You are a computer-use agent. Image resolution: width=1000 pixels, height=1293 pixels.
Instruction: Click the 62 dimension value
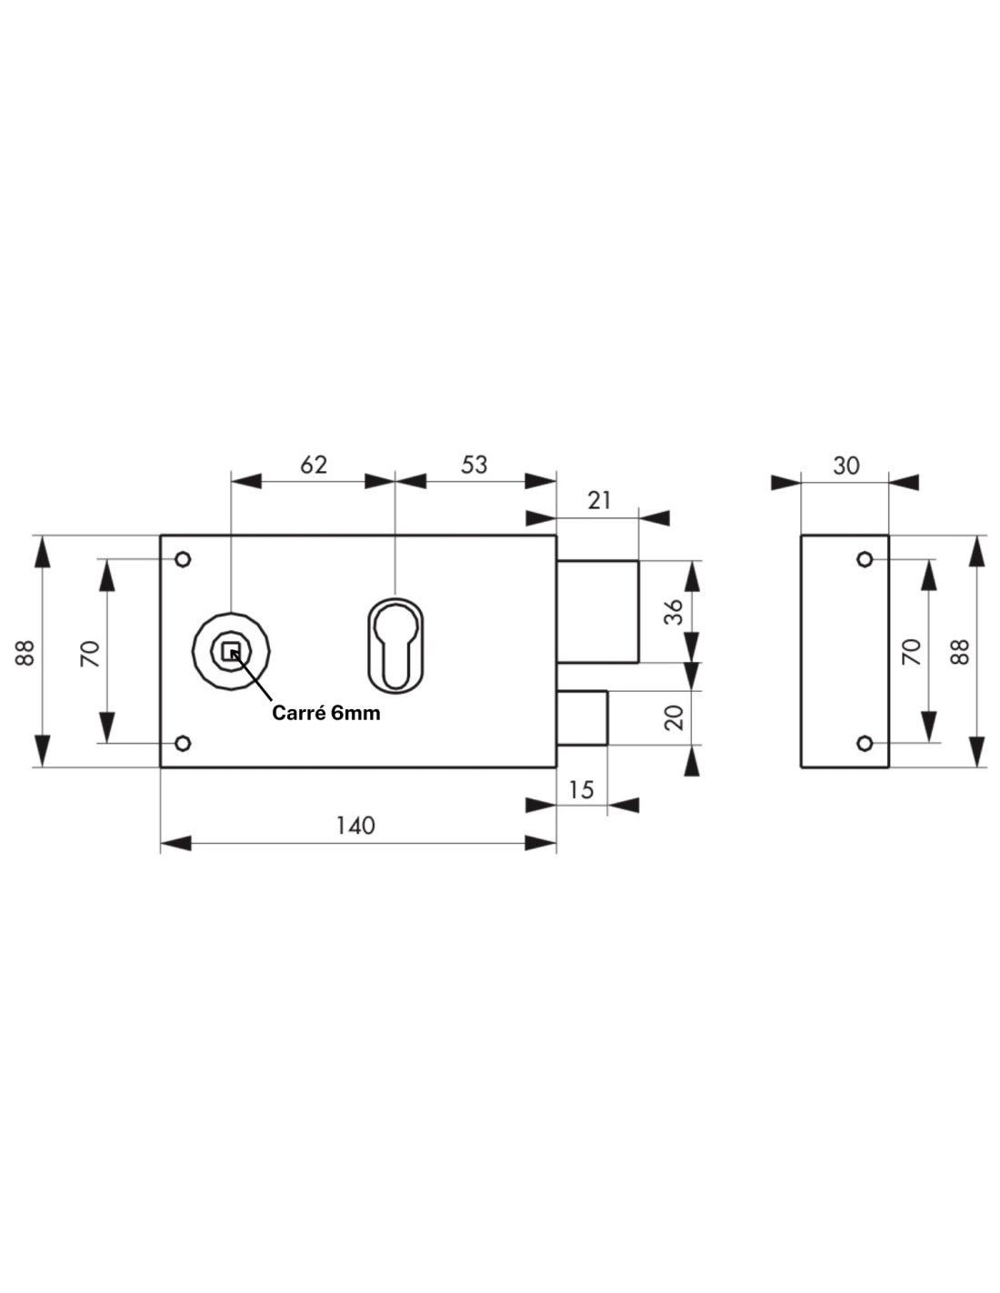tap(313, 464)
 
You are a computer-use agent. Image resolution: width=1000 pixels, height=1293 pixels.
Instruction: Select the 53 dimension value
tap(474, 464)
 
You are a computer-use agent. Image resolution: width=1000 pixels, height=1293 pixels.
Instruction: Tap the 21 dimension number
tap(599, 499)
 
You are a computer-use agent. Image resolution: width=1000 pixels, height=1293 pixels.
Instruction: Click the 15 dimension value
tap(580, 789)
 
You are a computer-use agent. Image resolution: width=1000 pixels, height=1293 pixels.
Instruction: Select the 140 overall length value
tap(355, 825)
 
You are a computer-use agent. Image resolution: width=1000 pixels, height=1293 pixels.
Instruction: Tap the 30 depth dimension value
tap(845, 465)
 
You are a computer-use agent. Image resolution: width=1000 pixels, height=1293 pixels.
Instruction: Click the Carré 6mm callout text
tap(326, 714)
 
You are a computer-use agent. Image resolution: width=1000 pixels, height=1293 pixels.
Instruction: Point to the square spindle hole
tap(231, 650)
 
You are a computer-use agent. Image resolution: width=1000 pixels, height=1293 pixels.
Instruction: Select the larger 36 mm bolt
tap(597, 611)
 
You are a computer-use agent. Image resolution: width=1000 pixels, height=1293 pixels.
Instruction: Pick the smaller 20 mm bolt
tap(582, 718)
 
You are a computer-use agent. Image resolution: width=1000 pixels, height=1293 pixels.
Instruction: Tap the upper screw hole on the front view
tap(183, 558)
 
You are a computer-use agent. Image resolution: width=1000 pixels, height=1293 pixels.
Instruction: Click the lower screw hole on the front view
tap(183, 744)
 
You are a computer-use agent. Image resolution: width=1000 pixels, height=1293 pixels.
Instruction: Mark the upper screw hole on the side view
tap(865, 558)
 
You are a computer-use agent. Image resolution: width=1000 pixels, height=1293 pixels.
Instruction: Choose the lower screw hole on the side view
tap(865, 744)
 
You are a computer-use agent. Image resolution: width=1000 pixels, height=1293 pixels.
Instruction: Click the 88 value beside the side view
tap(960, 651)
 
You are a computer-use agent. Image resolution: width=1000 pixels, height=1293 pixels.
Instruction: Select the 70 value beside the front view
tap(89, 652)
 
